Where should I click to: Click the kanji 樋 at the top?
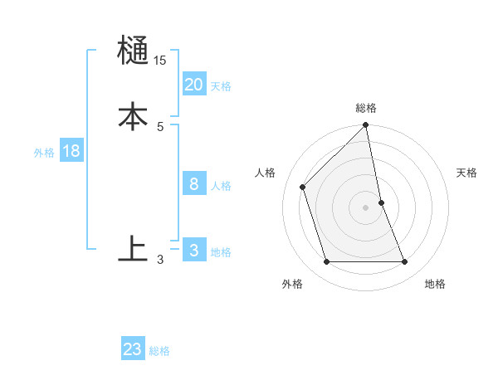[133, 51]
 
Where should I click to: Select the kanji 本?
[133, 115]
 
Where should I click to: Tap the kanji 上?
[133, 248]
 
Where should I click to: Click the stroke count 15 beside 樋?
[160, 61]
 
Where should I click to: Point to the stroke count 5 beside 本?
[160, 126]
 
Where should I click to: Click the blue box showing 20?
[193, 84]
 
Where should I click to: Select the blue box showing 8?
[193, 184]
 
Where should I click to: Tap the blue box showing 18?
[71, 151]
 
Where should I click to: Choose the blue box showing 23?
[132, 349]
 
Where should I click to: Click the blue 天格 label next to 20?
[221, 86]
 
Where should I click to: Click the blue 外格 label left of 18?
[44, 153]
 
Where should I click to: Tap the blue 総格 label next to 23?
[159, 352]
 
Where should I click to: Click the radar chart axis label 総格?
[366, 108]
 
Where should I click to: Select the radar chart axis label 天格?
[466, 173]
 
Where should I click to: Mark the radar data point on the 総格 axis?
[366, 126]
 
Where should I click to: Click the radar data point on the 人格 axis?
[303, 187]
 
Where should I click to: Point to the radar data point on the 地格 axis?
[405, 262]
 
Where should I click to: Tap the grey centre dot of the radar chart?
[366, 207]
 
